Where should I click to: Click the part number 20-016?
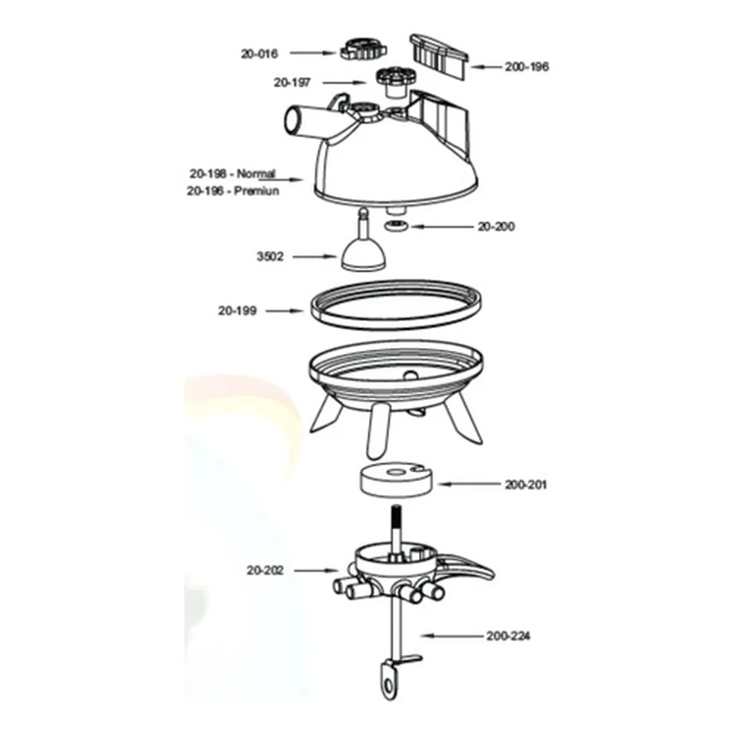coord(259,54)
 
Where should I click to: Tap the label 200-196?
coord(527,67)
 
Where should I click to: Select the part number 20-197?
coord(292,83)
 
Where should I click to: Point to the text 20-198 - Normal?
coord(233,173)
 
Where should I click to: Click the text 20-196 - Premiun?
coord(233,190)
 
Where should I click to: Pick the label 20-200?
coord(496,227)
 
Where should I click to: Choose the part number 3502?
coord(270,257)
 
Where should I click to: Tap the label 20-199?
coord(237,311)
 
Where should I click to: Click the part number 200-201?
coord(526,484)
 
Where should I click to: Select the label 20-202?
coord(265,581)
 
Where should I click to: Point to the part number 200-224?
coord(508,636)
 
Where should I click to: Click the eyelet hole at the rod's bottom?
coord(388,688)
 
